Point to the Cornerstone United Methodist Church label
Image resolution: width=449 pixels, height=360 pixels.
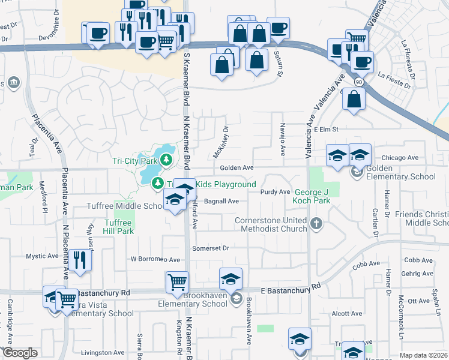tap(271, 225)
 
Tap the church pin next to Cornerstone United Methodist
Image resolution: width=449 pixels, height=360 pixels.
tap(318, 224)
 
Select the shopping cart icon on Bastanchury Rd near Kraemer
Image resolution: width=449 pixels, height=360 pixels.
tap(178, 282)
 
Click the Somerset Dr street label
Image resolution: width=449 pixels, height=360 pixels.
tap(211, 248)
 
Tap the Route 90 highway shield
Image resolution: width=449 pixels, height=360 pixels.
tap(358, 81)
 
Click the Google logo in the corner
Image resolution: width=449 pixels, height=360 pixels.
tap(20, 353)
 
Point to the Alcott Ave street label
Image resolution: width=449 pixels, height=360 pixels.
tap(348, 313)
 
